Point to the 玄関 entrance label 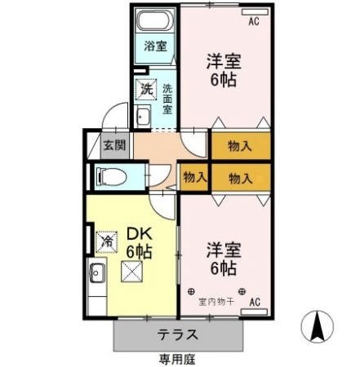click(x=113, y=147)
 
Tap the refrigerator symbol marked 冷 click(x=106, y=241)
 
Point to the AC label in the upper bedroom click(x=253, y=20)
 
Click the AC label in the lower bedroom click(x=254, y=303)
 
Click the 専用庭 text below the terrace click(x=177, y=359)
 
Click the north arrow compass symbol click(x=318, y=327)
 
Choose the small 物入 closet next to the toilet click(x=194, y=177)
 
